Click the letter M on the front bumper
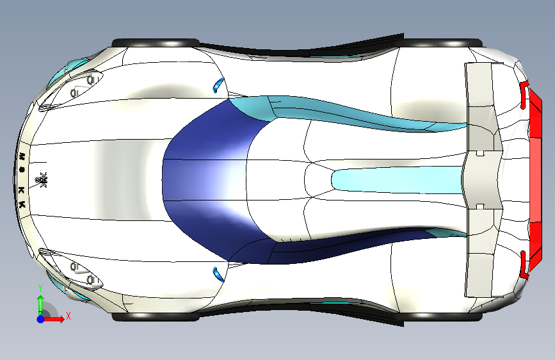[22, 156]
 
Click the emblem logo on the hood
[44, 181]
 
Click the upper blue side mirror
[218, 84]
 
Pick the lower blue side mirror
[218, 274]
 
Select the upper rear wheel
[442, 43]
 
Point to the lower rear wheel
[442, 316]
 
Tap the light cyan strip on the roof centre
[397, 179]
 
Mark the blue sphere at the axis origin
[41, 318]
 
